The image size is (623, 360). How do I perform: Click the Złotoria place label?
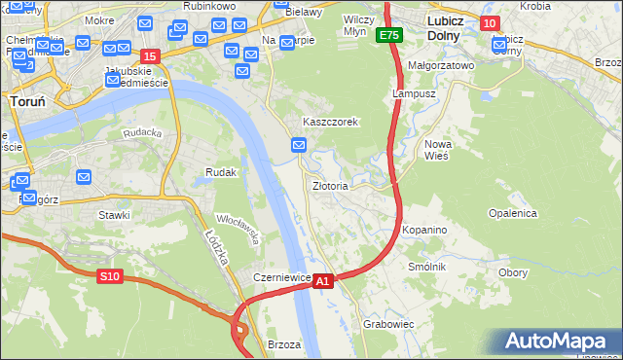coord(330,185)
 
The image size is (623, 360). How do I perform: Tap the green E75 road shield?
coord(389,35)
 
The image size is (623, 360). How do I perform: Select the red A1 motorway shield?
coord(324,280)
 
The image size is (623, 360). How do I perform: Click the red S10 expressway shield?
coord(109,276)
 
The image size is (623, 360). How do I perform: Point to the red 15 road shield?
coord(149,56)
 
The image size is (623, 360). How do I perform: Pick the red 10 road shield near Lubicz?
coord(490,23)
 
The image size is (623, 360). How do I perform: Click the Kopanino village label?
coord(424,230)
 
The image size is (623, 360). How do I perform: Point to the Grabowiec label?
coord(388,323)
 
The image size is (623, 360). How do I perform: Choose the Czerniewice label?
coord(281,277)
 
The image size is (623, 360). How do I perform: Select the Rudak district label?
coord(221,172)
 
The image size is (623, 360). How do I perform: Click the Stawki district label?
coord(114,214)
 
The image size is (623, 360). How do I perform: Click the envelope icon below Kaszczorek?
coord(300,145)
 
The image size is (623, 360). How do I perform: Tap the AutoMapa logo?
coord(559,342)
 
